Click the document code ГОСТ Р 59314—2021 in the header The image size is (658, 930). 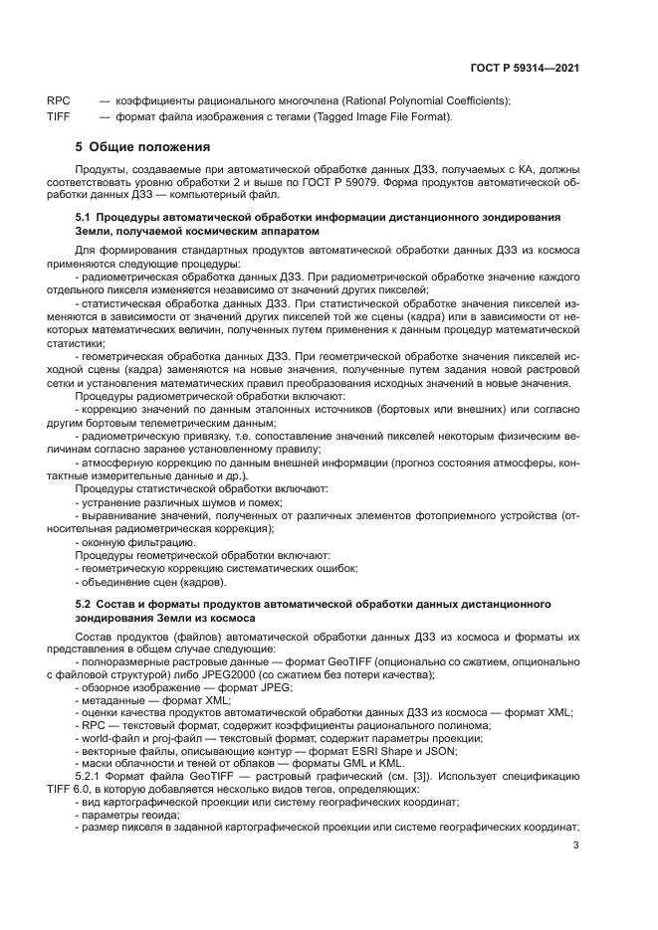525,69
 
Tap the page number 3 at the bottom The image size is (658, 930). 576,845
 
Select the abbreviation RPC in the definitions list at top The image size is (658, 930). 58,101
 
